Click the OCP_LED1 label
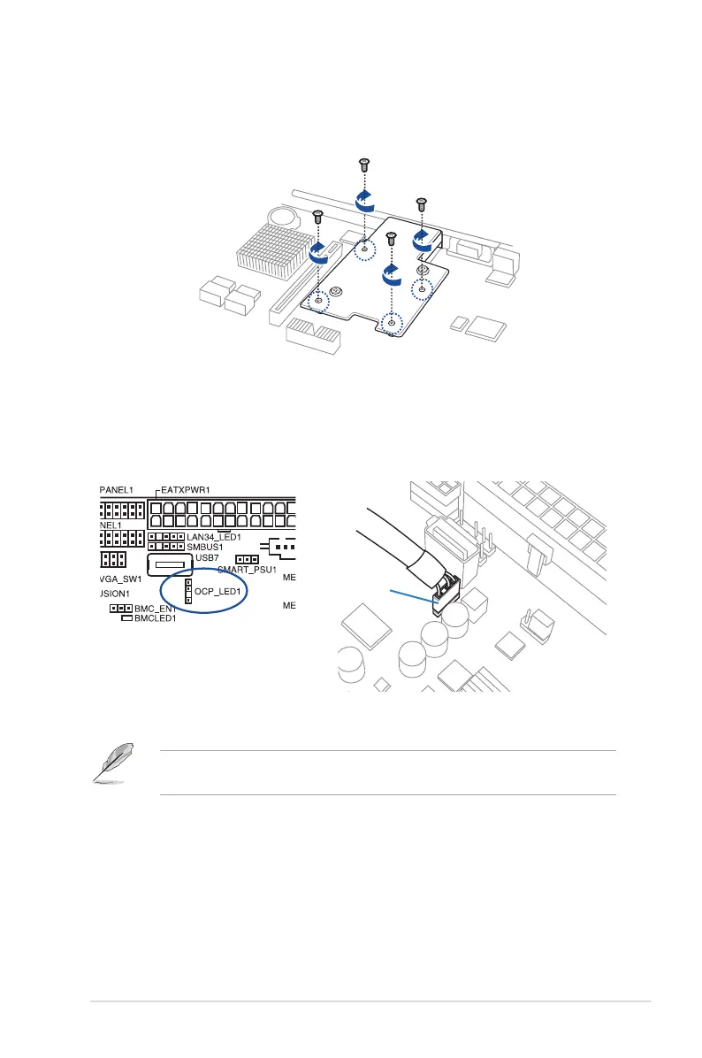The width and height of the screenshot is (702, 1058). point(218,590)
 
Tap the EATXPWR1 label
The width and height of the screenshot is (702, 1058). point(187,488)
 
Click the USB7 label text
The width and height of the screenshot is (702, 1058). point(207,559)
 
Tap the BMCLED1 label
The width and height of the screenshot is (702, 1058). point(156,619)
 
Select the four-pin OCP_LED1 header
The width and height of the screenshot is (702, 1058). point(188,592)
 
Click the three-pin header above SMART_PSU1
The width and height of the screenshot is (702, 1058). point(247,560)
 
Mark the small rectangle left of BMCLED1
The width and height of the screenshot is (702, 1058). point(126,619)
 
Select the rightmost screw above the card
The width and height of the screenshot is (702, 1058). point(422,204)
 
